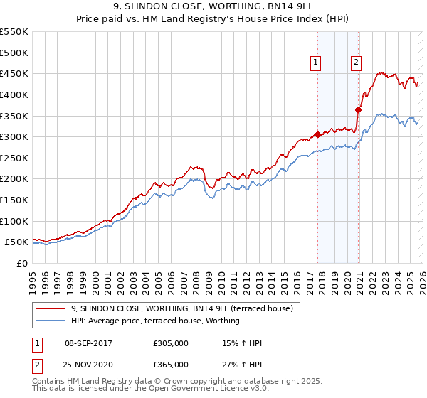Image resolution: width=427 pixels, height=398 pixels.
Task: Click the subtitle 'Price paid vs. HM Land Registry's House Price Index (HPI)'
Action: coord(213,19)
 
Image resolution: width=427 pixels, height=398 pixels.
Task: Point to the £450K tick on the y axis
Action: coord(14,73)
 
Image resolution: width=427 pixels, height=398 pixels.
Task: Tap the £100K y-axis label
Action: coord(14,221)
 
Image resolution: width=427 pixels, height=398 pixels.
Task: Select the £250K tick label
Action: coord(14,158)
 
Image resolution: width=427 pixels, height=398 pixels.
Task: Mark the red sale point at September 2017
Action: coord(317,134)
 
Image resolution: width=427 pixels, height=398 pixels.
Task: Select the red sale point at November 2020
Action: coord(358,109)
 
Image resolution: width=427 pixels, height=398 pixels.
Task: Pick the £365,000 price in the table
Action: coord(171,364)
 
